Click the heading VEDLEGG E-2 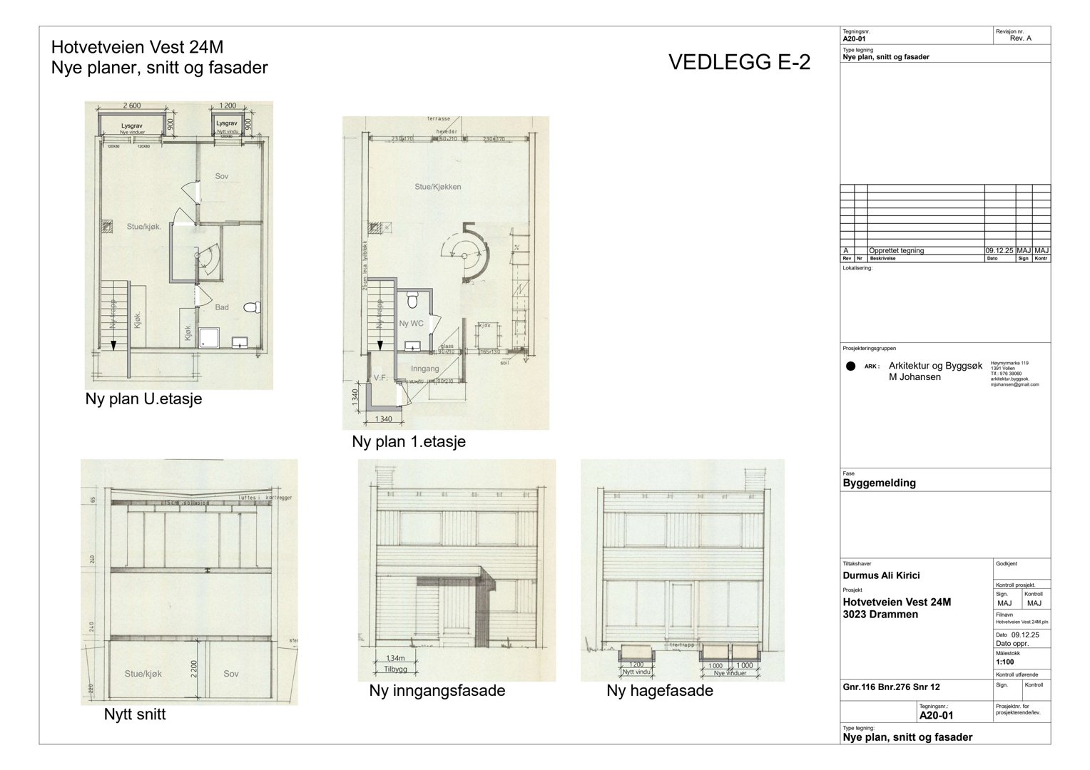(x=739, y=63)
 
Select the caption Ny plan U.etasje (x=143, y=399)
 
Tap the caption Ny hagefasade (x=659, y=691)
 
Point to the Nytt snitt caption (x=135, y=714)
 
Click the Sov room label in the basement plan (x=222, y=176)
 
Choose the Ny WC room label (x=412, y=324)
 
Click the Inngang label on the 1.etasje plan (x=424, y=369)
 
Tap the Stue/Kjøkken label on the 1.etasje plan (x=437, y=187)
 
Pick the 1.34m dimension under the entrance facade (x=394, y=657)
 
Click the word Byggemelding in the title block (x=879, y=483)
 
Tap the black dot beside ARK (x=850, y=366)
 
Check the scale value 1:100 (x=1007, y=661)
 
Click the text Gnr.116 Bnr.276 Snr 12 (x=891, y=687)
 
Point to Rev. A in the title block (x=1020, y=38)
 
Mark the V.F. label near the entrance (x=380, y=378)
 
